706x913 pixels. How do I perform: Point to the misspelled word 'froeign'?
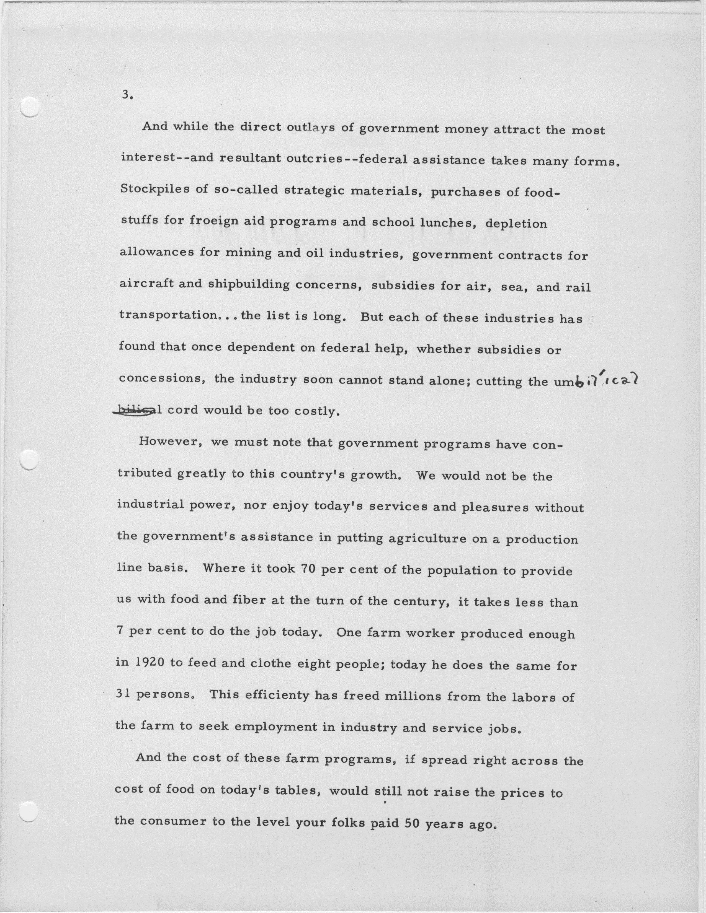[208, 220]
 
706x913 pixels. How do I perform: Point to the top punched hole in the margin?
[29, 106]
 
